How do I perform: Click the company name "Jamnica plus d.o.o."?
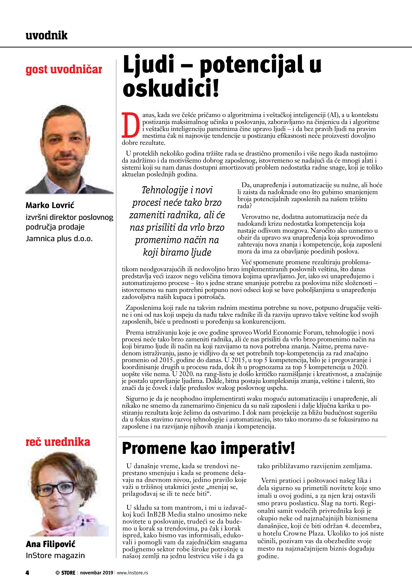coord(59,239)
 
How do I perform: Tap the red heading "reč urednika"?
coord(58,442)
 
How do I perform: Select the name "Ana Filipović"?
coord(51,544)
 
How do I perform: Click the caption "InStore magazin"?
coord(55,555)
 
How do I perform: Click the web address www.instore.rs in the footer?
coord(132,573)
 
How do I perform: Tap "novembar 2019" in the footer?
coord(97,573)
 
